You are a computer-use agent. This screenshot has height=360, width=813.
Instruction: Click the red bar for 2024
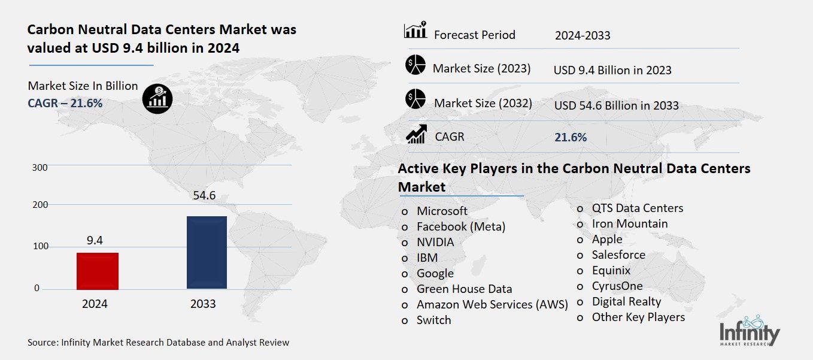click(98, 271)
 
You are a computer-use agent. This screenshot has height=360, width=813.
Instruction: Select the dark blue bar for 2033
click(207, 252)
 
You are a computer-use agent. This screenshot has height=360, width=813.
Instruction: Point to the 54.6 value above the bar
click(204, 196)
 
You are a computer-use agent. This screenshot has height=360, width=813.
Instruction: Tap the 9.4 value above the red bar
click(95, 240)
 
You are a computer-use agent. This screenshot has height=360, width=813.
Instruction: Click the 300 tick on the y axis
click(40, 168)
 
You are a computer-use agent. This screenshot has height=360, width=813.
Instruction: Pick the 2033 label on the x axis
click(203, 304)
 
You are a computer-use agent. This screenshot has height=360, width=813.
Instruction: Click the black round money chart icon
click(157, 98)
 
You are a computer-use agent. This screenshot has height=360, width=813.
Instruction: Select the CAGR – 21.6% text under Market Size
click(65, 103)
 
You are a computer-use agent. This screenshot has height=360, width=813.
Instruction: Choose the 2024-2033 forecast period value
click(583, 35)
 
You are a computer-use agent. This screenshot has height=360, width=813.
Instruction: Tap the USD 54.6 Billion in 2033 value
click(616, 105)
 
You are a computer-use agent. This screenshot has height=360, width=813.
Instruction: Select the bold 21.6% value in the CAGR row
click(571, 137)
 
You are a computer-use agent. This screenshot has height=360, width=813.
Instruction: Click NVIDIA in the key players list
click(435, 242)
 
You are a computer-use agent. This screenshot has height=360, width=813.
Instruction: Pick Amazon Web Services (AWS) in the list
click(492, 304)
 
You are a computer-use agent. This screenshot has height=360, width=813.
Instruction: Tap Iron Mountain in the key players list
click(630, 223)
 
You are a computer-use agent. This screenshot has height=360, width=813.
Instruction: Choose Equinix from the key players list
click(611, 270)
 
